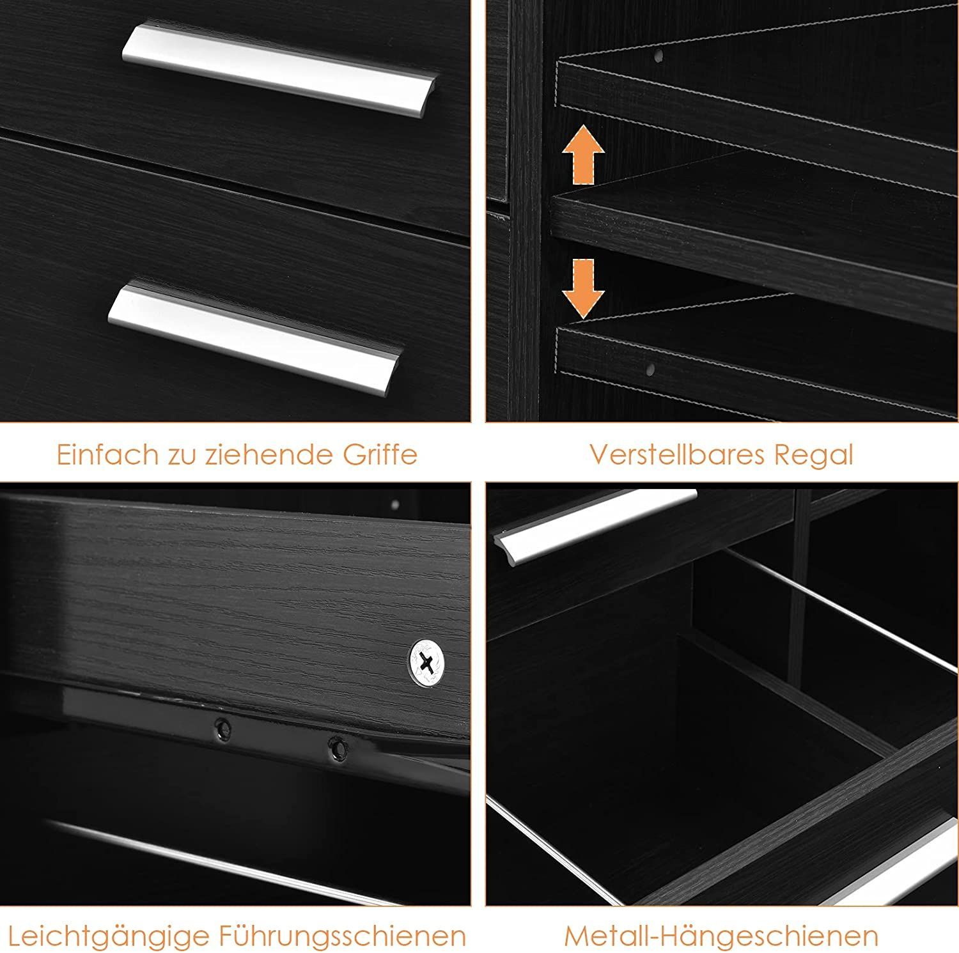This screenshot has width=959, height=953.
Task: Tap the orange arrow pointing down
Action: pos(583,288)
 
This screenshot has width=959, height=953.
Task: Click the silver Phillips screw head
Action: pos(428,662)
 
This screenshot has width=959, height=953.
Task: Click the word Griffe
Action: pos(380,454)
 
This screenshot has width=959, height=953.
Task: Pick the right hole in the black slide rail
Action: pos(337,747)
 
